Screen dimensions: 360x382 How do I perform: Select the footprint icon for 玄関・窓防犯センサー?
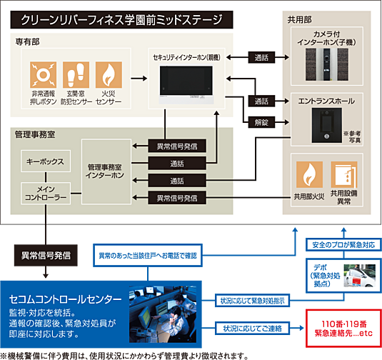pos(75,75)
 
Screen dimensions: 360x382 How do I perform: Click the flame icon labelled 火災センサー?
pos(109,75)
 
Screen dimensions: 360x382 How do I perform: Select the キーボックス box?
pos(43,162)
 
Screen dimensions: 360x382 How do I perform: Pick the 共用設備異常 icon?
pos(346,175)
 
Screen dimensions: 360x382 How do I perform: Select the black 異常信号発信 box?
pos(46,252)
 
